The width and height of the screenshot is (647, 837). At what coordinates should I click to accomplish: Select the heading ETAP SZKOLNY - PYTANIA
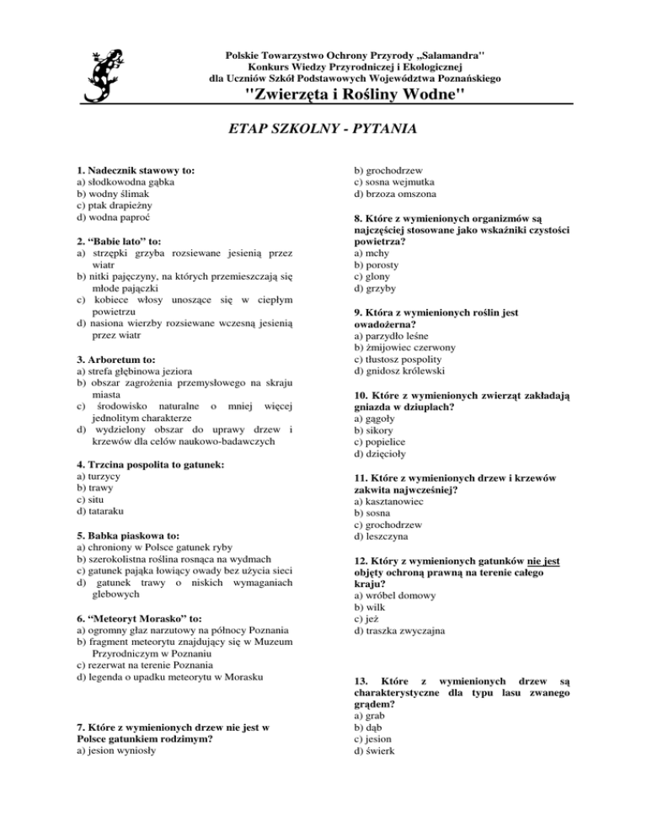click(324, 131)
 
